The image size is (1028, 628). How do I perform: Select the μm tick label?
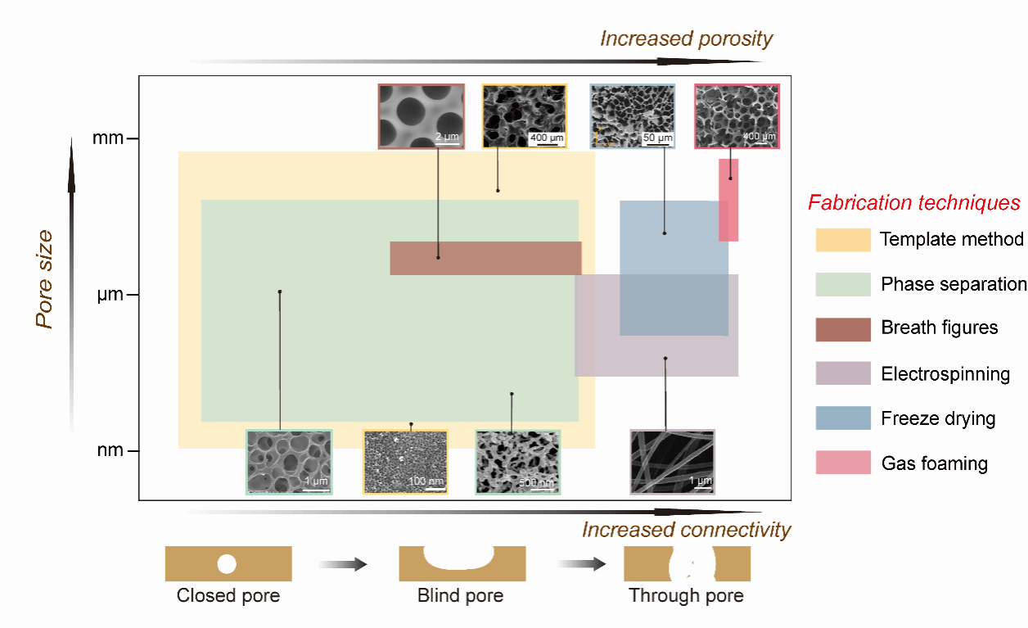[110, 295]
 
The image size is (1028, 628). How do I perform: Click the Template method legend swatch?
[842, 240]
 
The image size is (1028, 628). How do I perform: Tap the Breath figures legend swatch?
[842, 329]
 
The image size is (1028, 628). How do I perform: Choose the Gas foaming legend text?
[934, 463]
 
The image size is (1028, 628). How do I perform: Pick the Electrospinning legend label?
[945, 374]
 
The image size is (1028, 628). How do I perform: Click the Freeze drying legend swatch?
[842, 418]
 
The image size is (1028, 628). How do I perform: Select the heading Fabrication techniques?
[913, 202]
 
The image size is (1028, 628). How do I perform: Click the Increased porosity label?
[686, 38]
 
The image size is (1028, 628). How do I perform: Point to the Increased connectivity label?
[686, 530]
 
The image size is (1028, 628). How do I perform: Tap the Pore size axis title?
[45, 279]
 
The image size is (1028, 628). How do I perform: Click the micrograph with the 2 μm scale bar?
[422, 116]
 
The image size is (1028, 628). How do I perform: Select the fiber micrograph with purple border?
[672, 462]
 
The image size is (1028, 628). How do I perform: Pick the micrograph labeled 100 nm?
[405, 462]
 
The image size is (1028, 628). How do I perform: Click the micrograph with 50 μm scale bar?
[633, 116]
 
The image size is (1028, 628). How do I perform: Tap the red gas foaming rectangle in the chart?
[728, 200]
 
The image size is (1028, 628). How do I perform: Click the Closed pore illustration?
[228, 563]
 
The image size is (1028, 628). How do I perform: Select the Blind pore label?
[460, 595]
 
